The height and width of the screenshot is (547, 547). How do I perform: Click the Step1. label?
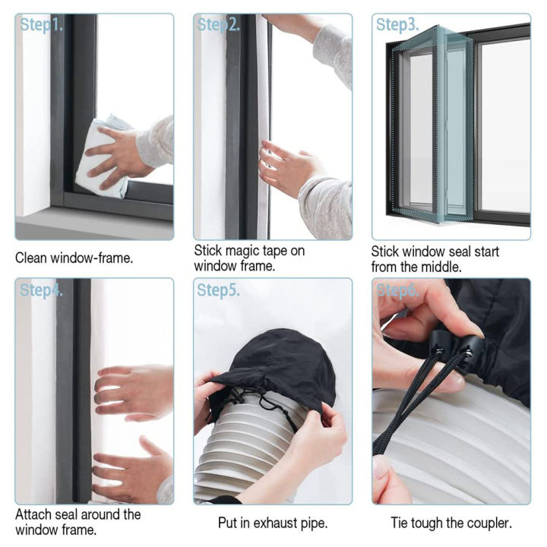pyautogui.click(x=43, y=25)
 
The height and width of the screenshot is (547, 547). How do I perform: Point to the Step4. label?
pyautogui.click(x=43, y=289)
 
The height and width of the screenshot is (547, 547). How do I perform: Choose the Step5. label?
pyautogui.click(x=219, y=289)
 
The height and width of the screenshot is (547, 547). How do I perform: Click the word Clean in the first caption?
pyautogui.click(x=33, y=258)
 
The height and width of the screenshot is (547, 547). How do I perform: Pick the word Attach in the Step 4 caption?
pyautogui.click(x=34, y=514)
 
